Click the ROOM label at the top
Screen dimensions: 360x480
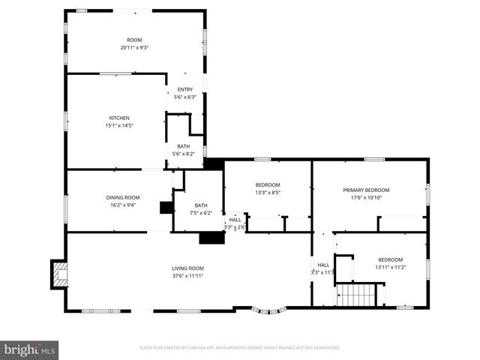(x=134, y=40)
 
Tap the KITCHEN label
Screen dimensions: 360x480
(x=119, y=118)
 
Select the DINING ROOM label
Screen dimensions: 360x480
(x=122, y=197)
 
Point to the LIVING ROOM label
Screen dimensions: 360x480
(x=187, y=268)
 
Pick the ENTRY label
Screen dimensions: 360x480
(x=184, y=89)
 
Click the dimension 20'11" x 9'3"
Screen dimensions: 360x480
(x=134, y=48)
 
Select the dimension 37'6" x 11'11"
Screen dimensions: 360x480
(x=187, y=275)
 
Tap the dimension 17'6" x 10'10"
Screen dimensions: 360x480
(x=366, y=197)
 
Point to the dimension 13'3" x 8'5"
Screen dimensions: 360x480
(x=268, y=192)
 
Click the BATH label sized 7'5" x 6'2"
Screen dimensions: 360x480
(x=201, y=205)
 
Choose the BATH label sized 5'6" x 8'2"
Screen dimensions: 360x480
(x=184, y=146)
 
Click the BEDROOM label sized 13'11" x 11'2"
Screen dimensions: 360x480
(x=390, y=259)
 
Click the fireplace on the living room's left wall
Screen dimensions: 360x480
(x=58, y=274)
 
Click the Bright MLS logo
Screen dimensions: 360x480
(x=30, y=349)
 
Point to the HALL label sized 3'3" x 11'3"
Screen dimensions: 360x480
(x=323, y=265)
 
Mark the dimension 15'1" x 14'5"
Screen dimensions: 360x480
(x=119, y=126)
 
